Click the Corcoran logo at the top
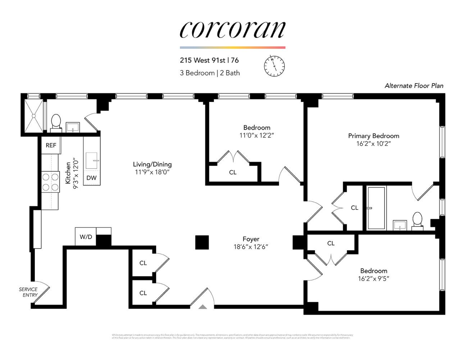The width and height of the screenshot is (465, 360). coord(232,30)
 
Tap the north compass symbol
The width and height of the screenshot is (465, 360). coord(274,66)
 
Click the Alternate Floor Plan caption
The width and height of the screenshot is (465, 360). coord(414,86)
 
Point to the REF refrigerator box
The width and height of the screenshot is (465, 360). coord(51,145)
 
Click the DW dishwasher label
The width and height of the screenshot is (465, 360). coord(91,178)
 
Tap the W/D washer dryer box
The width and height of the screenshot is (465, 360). coord(86,237)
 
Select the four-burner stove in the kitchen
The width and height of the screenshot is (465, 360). coord(50,182)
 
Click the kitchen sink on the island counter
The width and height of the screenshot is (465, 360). coord(92,160)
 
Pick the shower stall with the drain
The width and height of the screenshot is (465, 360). coord(33,116)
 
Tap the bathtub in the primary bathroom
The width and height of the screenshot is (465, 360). coord(376,208)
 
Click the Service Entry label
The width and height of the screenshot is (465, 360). coord(28,292)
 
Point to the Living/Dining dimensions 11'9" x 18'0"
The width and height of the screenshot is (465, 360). coord(152,172)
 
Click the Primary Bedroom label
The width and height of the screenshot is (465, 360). coord(373,136)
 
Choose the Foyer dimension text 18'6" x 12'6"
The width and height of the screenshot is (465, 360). coord(251,247)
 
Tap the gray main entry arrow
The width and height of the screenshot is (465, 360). coord(203,307)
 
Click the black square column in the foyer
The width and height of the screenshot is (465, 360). coord(202,242)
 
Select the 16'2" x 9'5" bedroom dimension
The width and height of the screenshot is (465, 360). coord(373,278)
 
